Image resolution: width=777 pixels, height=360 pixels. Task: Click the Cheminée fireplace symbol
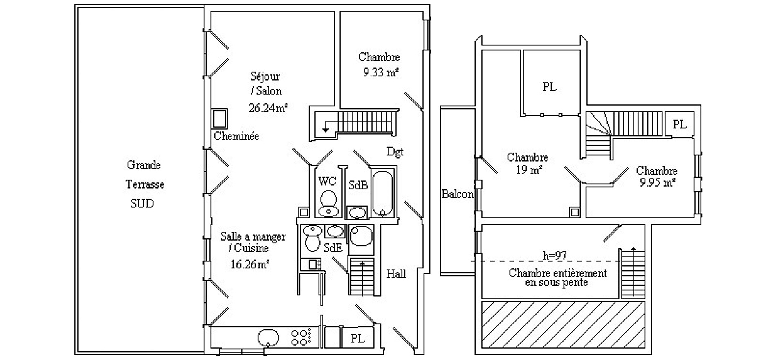pos(220,119)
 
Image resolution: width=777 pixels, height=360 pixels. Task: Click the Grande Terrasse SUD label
pos(144,184)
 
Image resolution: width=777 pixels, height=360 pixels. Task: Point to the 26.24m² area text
pos(268,108)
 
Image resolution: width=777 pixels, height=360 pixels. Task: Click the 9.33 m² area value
pos(380,73)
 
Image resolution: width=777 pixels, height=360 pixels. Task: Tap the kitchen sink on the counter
pos(268,338)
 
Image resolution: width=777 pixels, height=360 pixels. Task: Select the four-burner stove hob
pos(300,337)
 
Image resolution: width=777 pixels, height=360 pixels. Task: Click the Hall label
pos(396,274)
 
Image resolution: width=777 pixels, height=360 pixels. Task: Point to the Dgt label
pos(395,152)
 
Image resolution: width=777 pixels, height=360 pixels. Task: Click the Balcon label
pos(457,194)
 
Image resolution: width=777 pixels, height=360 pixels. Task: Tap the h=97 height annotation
pos(555,256)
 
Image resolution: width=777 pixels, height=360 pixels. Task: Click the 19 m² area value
pos(529,169)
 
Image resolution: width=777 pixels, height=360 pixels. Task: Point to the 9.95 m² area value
pos(657,182)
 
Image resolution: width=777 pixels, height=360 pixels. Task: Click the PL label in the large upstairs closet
pos(550,87)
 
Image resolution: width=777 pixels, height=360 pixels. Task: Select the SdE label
pos(333,248)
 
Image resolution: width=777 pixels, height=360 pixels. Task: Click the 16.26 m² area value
pos(249,264)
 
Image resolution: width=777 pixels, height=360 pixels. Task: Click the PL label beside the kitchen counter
pos(357,338)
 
